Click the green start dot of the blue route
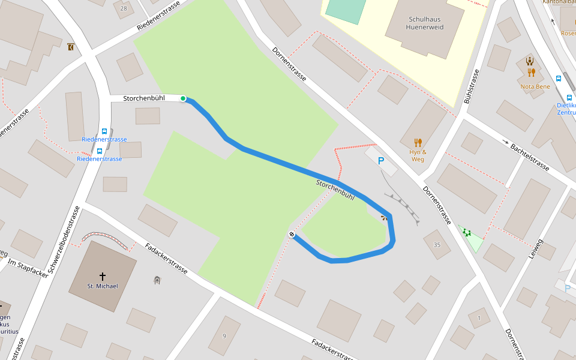[x=183, y=98]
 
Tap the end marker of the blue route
[x=292, y=234]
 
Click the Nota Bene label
[x=535, y=86]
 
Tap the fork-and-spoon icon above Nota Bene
[x=531, y=73]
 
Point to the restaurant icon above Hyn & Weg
[x=418, y=142]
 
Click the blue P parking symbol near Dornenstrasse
[x=380, y=160]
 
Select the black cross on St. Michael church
[x=103, y=276]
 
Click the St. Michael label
[x=103, y=286]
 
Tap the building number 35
[x=437, y=245]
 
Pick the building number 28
[x=124, y=8]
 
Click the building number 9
[x=224, y=336]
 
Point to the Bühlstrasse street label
[x=472, y=86]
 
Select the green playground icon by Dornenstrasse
[x=467, y=232]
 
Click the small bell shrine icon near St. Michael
[x=157, y=280]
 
